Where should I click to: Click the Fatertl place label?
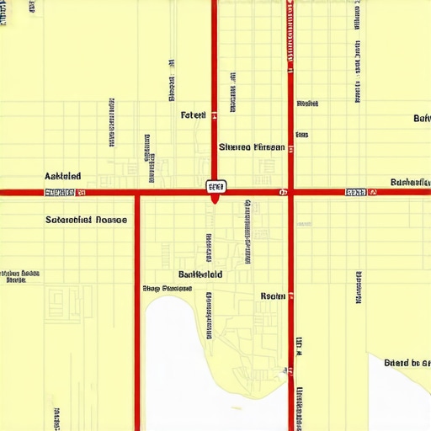(x=193, y=114)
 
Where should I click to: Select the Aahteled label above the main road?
(x=63, y=176)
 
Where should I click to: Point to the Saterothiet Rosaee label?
(x=86, y=220)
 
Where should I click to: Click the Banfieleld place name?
(x=200, y=274)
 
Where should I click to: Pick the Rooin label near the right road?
(x=273, y=295)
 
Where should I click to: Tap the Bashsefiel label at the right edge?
(x=411, y=182)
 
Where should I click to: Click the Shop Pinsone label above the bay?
(x=167, y=288)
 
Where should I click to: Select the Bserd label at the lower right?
(x=407, y=363)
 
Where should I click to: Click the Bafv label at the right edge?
(x=422, y=119)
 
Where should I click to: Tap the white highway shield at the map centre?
(x=215, y=186)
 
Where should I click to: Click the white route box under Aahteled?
(x=59, y=193)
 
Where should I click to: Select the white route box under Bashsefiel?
(x=356, y=193)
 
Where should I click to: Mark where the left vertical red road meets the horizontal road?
(x=136, y=193)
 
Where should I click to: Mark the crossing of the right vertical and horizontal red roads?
(x=290, y=193)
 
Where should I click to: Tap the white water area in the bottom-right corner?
(x=400, y=400)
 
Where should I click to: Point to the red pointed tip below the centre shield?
(x=215, y=200)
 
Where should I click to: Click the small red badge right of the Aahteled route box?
(x=82, y=193)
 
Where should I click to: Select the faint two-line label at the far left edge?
(x=19, y=276)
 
